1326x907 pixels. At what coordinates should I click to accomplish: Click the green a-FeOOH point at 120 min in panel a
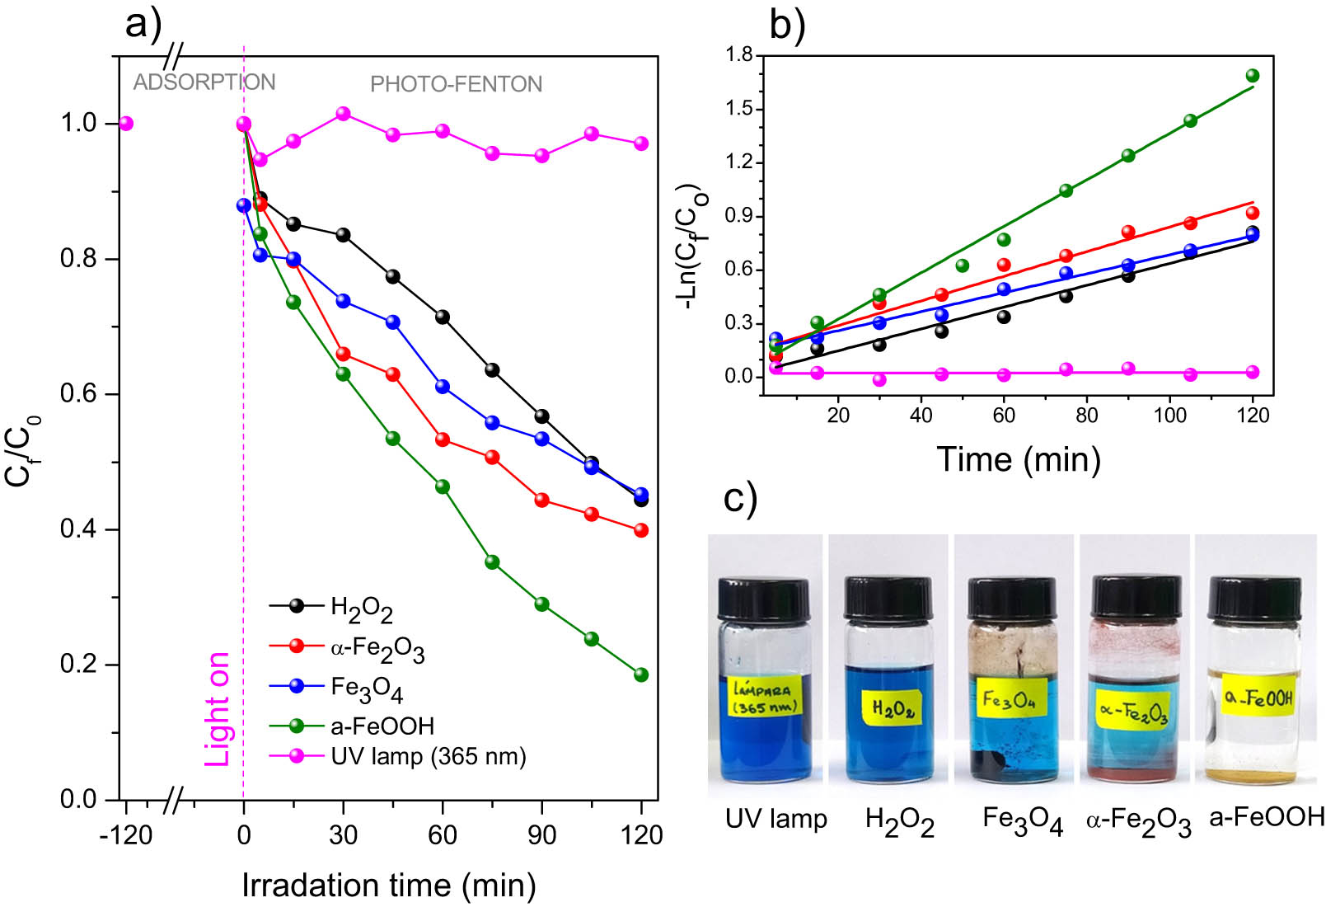641,674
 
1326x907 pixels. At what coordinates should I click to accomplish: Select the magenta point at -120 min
125,124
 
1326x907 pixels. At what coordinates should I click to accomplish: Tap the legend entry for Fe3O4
366,688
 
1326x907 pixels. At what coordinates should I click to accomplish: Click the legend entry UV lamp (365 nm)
428,756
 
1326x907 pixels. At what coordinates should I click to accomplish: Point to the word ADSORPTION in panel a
204,82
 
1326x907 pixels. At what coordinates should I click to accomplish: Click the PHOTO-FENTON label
456,84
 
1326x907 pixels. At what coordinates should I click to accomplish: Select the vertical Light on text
218,709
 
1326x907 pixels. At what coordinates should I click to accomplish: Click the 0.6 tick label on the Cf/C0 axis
78,393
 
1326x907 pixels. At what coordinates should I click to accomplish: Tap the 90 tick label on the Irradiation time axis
541,834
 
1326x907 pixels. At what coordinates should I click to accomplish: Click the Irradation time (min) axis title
389,886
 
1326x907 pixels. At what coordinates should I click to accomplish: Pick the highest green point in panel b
1253,76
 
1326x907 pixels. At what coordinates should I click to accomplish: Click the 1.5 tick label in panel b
739,109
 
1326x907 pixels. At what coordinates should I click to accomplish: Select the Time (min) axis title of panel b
1019,458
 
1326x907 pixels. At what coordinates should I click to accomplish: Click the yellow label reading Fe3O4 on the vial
1010,701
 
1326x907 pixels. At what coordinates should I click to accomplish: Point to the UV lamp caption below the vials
775,819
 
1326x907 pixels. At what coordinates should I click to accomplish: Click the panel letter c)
739,499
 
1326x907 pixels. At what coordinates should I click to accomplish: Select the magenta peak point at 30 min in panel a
344,114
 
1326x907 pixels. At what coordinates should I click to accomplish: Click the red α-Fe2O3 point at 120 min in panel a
641,530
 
